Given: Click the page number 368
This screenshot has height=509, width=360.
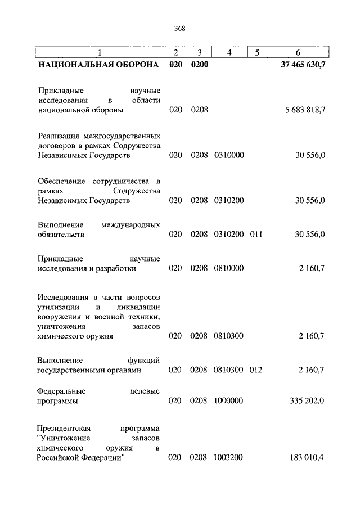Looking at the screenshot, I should pyautogui.click(x=180, y=28).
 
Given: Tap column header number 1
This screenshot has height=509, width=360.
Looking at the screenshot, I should pyautogui.click(x=100, y=53).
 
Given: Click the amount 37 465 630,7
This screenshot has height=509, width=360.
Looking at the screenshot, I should pyautogui.click(x=303, y=65).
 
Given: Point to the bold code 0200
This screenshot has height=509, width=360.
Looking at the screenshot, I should pyautogui.click(x=200, y=65).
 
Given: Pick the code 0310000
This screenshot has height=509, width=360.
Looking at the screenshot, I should pyautogui.click(x=229, y=155).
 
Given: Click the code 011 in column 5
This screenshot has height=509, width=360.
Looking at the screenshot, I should pyautogui.click(x=256, y=234).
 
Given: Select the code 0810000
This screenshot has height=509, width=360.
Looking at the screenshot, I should pyautogui.click(x=229, y=268).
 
